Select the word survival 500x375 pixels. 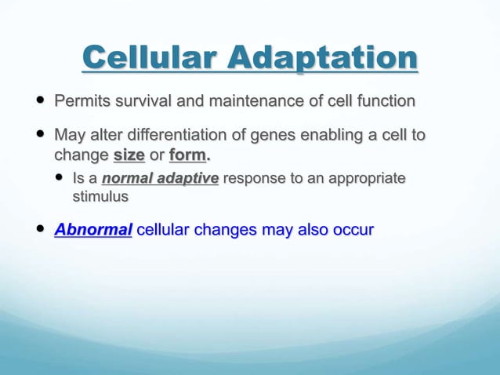145,101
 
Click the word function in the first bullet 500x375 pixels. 383,101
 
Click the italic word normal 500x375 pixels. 125,179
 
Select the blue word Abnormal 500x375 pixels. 92,230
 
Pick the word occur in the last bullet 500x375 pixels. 353,230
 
